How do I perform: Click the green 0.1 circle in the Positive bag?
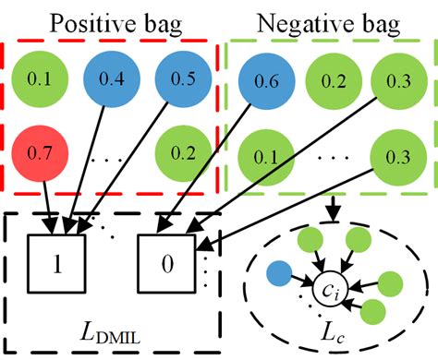[x=40, y=79]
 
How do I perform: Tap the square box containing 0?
[x=167, y=262]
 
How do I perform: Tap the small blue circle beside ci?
[x=276, y=274]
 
